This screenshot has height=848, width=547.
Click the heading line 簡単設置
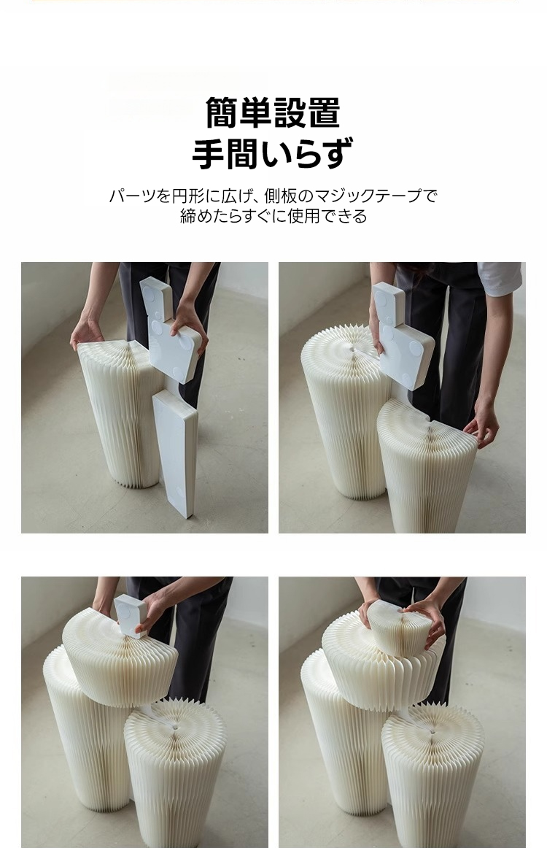pos(273,112)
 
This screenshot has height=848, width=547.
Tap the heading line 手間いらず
pos(273,153)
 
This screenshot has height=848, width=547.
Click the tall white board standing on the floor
pos(175,453)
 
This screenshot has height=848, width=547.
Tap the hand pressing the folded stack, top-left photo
pos(87,332)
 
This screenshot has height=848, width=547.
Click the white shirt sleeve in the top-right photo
pos(500,278)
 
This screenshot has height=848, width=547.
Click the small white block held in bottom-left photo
pos(131,615)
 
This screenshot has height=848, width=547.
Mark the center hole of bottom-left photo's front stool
pos(175,728)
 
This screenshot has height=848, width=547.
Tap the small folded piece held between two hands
pos(400,628)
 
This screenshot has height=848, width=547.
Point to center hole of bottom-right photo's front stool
pos(432,732)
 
